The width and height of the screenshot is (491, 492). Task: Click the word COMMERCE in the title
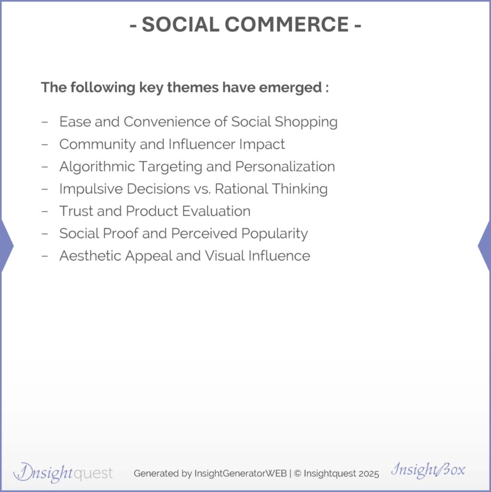pyautogui.click(x=287, y=24)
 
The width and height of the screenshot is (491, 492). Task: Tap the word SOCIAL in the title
pyautogui.click(x=180, y=24)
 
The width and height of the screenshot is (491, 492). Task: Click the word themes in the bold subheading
pyautogui.click(x=193, y=87)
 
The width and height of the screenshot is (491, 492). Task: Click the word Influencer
pyautogui.click(x=202, y=144)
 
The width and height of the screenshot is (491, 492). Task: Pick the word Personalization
pyautogui.click(x=285, y=166)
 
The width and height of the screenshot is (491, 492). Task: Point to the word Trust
pyautogui.click(x=76, y=211)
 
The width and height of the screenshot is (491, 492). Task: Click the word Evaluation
pyautogui.click(x=216, y=211)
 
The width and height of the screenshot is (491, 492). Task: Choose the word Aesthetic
pyautogui.click(x=90, y=256)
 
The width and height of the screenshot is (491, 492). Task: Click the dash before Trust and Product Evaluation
pyautogui.click(x=45, y=211)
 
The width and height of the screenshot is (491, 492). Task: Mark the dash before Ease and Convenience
pyautogui.click(x=45, y=122)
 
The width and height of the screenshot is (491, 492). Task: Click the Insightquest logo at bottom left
pyautogui.click(x=63, y=473)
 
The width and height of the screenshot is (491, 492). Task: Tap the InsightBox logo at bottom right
pyautogui.click(x=428, y=470)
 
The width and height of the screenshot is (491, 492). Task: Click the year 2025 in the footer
pyautogui.click(x=369, y=473)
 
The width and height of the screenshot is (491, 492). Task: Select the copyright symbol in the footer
pyautogui.click(x=298, y=473)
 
